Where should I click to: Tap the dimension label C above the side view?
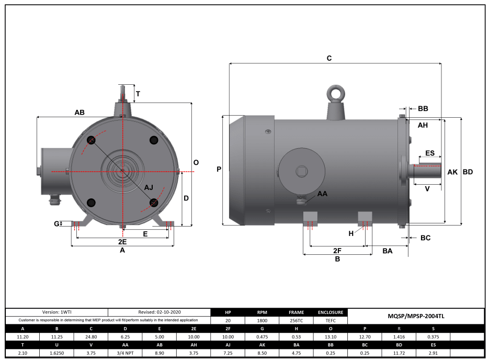pyautogui.click(x=329, y=58)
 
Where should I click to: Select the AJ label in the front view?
pyautogui.click(x=149, y=187)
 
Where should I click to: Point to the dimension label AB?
pyautogui.click(x=79, y=113)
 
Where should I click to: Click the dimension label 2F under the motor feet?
pyautogui.click(x=337, y=251)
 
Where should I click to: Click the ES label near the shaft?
pyautogui.click(x=430, y=153)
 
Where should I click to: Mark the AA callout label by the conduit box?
pyautogui.click(x=323, y=194)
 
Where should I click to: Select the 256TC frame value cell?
pyautogui.click(x=296, y=320)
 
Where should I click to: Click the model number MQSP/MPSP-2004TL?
pyautogui.click(x=416, y=316)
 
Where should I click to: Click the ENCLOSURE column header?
pyautogui.click(x=331, y=312)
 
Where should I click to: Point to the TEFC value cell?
pyautogui.click(x=331, y=320)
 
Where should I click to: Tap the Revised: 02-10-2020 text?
pyautogui.click(x=159, y=312)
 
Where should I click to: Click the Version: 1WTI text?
pyautogui.click(x=56, y=312)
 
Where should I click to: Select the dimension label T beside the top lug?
pyautogui.click(x=138, y=94)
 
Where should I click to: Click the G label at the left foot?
pyautogui.click(x=56, y=224)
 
